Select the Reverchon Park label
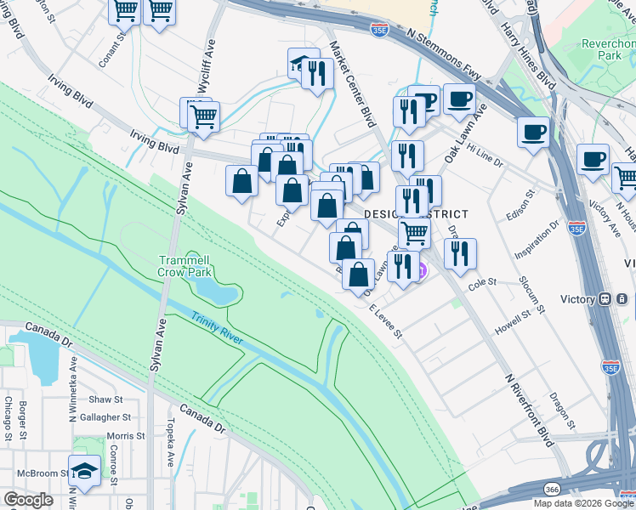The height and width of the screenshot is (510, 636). coord(602,48)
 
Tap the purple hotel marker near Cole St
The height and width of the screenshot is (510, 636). coord(420,272)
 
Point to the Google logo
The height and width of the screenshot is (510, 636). coord(29,500)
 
